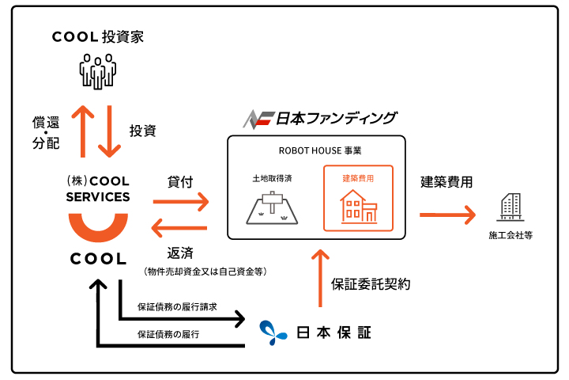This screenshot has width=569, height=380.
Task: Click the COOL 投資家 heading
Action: [x=98, y=36]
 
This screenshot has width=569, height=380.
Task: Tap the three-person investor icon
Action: [x=98, y=71]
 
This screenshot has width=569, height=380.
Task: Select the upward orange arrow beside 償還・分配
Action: [x=83, y=131]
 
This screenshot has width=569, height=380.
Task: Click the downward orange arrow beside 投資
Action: [x=109, y=131]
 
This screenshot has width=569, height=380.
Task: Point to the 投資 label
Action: [x=143, y=131]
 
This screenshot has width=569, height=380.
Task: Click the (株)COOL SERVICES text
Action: [x=98, y=188]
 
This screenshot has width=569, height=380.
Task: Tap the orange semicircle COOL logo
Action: [x=98, y=228]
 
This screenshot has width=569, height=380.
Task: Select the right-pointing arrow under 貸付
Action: [x=181, y=201]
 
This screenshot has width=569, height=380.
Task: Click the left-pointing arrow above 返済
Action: [x=179, y=228]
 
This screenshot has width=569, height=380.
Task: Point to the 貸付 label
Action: [x=180, y=182]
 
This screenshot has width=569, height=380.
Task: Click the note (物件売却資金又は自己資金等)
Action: [x=205, y=272]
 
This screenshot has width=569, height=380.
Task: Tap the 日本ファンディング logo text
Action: [x=337, y=119]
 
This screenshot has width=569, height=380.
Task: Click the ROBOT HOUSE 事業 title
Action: [x=320, y=150]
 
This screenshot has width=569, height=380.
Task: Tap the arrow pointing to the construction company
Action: [x=447, y=215]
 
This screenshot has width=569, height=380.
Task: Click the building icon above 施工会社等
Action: [x=511, y=207]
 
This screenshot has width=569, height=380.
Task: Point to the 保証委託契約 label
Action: [x=371, y=284]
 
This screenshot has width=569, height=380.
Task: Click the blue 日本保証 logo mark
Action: [x=273, y=332]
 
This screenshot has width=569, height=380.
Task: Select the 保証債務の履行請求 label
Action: [x=177, y=306]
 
